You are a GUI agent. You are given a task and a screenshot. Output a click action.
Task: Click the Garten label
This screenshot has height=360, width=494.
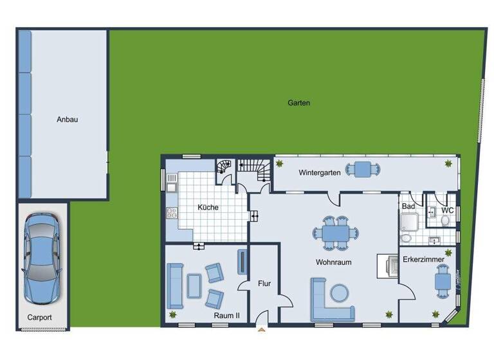[x=299, y=102]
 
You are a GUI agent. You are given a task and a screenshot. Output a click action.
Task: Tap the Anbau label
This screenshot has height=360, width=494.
[x=67, y=119]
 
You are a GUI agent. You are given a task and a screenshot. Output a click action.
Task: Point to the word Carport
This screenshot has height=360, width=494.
[x=39, y=318]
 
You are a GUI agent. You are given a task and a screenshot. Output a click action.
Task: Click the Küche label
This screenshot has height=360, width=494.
[x=208, y=207]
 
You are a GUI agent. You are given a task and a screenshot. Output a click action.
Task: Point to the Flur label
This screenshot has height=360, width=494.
[x=264, y=283]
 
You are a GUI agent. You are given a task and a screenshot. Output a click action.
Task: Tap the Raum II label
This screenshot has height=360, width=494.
[x=226, y=316]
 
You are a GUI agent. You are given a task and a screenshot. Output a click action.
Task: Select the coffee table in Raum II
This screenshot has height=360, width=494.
[x=194, y=285]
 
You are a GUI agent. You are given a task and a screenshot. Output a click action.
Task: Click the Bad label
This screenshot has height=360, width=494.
[x=408, y=206]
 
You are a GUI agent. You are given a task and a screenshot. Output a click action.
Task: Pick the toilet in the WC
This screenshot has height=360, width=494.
[x=445, y=221]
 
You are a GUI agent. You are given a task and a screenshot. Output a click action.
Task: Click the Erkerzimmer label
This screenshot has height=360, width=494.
[x=423, y=260]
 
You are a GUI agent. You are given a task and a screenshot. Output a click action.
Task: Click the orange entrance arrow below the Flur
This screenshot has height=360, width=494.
[x=262, y=330]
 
